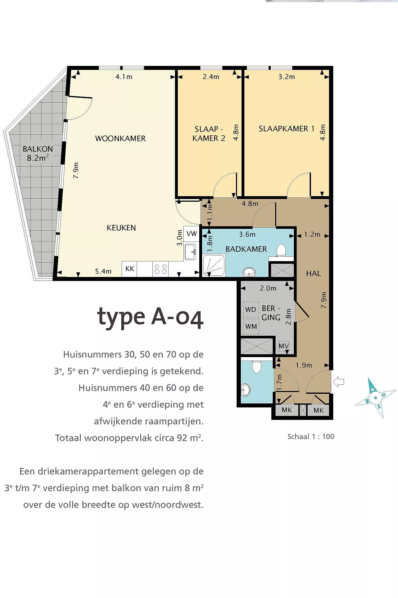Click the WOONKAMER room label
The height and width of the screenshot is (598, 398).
click(120, 138)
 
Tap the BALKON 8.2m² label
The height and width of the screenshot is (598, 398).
click(38, 153)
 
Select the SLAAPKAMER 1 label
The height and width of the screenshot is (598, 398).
click(286, 129)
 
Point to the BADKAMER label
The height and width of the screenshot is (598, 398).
click(246, 249)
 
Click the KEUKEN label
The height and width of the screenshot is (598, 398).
click(121, 228)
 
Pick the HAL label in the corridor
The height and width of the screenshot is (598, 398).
click(313, 273)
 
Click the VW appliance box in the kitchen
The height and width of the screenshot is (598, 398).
click(192, 234)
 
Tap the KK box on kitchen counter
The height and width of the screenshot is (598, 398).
click(130, 269)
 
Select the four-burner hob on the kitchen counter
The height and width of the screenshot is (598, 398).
click(160, 269)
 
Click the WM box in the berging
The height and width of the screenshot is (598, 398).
click(251, 326)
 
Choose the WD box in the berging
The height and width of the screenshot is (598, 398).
click(250, 309)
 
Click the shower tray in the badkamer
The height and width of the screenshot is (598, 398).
click(214, 266)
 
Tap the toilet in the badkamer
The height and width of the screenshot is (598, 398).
click(281, 250)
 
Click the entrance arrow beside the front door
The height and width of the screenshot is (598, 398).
click(338, 382)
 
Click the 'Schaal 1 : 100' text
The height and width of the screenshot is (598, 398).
click(311, 437)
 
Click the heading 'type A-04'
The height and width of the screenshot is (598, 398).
click(150, 317)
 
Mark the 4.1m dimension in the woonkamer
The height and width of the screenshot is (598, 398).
click(124, 77)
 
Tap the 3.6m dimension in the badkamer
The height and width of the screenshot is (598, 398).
click(247, 234)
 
